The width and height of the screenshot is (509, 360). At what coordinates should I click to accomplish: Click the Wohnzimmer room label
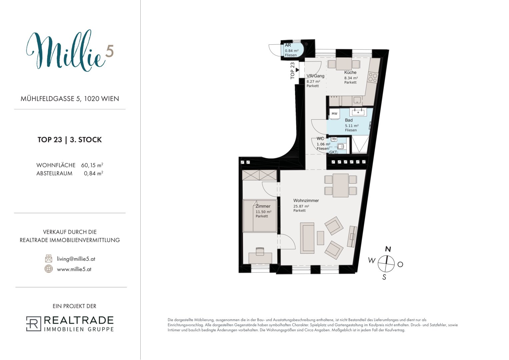306,200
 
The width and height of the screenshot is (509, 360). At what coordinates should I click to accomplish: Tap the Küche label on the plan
350,73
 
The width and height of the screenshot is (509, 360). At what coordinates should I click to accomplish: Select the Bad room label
349,120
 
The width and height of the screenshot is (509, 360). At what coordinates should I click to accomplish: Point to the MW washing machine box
334,114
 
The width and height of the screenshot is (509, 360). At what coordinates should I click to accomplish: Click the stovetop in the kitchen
373,77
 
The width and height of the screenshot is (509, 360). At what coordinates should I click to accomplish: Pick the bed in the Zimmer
260,216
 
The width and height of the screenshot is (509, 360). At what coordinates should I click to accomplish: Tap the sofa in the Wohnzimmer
307,238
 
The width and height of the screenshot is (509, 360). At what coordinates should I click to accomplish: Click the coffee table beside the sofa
320,238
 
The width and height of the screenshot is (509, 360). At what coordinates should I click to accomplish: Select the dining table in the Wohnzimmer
341,185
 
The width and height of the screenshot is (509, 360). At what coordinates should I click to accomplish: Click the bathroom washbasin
358,112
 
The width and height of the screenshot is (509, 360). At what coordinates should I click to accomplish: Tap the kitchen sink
357,100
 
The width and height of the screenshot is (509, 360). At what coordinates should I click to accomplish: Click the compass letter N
388,249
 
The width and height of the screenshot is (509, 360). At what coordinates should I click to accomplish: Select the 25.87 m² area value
301,206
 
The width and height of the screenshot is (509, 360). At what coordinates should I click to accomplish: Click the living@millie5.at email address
76,259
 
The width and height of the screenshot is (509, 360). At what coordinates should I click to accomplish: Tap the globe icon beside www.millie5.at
48,269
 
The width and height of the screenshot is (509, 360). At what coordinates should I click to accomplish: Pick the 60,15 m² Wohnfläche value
92,165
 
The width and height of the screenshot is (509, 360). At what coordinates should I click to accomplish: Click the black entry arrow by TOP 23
297,70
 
